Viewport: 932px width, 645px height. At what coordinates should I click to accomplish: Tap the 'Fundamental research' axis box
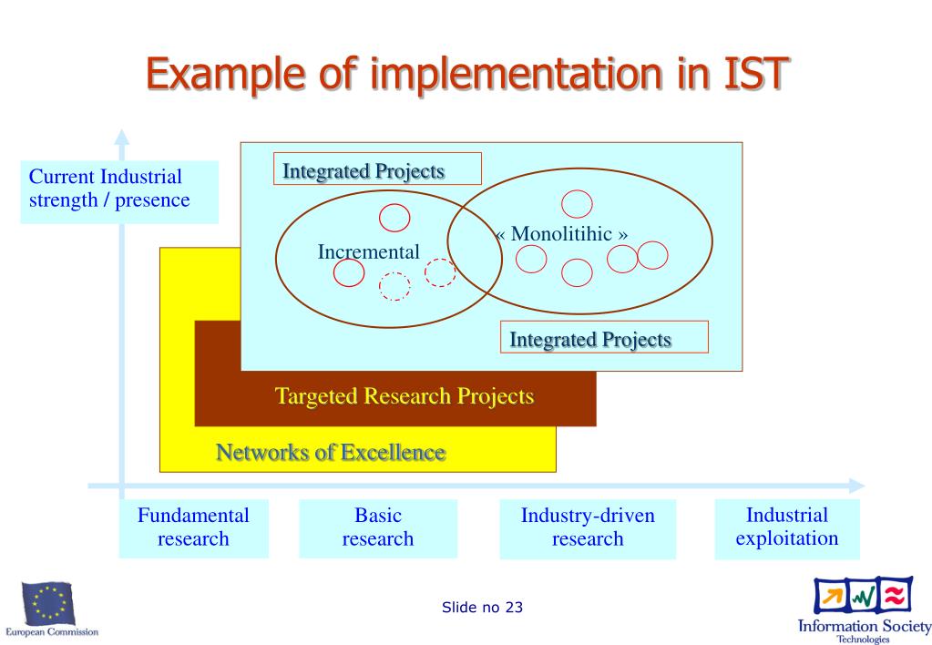(x=193, y=527)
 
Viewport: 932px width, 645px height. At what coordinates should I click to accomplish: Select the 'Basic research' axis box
(x=378, y=527)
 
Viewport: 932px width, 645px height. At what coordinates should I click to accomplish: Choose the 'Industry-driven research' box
(x=588, y=527)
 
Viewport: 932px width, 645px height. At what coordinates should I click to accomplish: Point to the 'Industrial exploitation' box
(x=787, y=527)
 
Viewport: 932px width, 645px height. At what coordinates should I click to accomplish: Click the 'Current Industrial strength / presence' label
(x=119, y=189)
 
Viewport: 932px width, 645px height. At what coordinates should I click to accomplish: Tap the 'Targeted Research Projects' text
(x=405, y=396)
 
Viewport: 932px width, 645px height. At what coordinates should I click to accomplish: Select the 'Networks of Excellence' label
(x=331, y=452)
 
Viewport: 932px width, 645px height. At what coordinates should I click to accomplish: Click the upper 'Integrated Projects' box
(x=377, y=169)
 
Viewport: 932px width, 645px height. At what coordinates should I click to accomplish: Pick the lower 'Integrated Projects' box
(x=604, y=338)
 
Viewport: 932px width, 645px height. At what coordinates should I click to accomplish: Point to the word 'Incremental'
(x=369, y=251)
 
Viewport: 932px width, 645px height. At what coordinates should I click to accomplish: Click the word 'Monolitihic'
(x=561, y=233)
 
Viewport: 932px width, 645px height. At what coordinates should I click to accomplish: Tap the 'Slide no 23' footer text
(x=482, y=608)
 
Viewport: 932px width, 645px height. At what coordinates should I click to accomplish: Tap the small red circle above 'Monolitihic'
(x=577, y=204)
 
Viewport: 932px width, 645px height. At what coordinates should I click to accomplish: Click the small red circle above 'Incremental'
(x=394, y=217)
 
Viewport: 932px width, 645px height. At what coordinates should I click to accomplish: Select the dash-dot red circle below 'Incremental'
(x=394, y=286)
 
